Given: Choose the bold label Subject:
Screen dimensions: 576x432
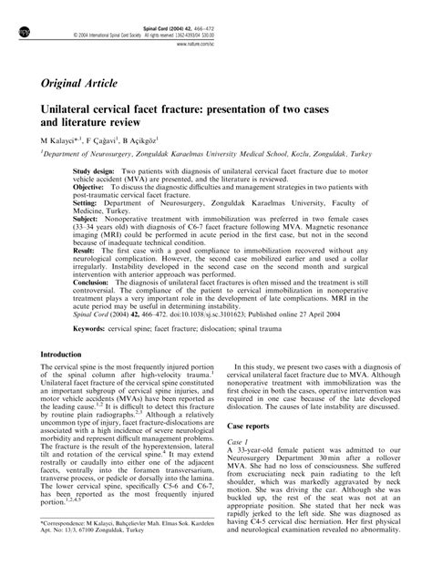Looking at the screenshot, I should pos(89,218).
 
